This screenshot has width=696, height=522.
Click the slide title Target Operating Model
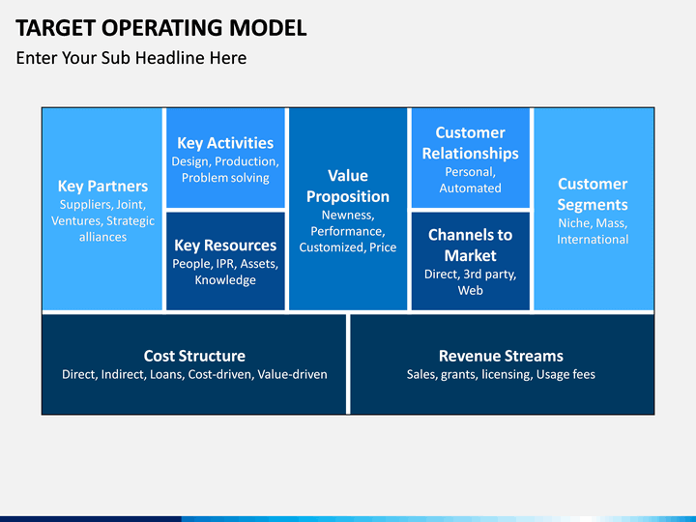(161, 27)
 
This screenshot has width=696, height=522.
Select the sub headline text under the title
(131, 58)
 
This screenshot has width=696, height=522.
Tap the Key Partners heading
(102, 187)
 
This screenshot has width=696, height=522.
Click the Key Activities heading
(225, 143)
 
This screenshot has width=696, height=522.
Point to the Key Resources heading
(225, 246)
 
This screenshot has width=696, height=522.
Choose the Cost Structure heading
(194, 356)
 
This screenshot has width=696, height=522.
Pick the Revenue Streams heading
(501, 356)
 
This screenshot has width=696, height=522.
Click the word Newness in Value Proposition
(348, 216)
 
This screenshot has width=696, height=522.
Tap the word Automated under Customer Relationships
(471, 188)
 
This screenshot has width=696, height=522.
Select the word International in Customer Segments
(593, 240)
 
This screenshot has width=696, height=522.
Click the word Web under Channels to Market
(471, 291)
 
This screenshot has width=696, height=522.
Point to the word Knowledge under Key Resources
(225, 280)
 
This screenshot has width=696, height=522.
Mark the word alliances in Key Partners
(103, 237)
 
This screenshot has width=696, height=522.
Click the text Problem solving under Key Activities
(225, 178)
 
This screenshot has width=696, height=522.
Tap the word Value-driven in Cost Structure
(293, 375)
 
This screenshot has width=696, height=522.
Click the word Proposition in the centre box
(348, 197)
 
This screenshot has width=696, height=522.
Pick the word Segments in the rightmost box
(593, 205)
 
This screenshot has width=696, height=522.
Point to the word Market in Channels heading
(471, 255)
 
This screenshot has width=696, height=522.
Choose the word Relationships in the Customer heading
(471, 154)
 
